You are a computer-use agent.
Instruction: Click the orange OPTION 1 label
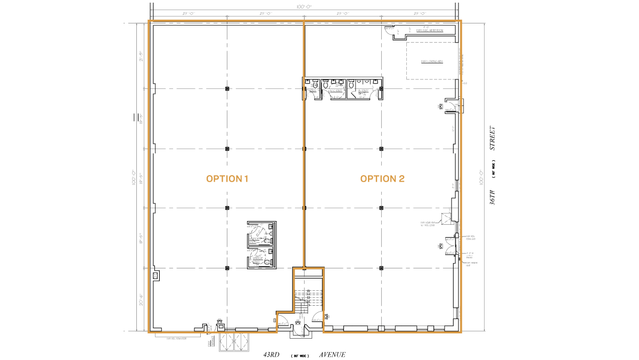point(227,179)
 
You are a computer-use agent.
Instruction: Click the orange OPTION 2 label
point(382,179)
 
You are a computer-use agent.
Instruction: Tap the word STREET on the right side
point(493,140)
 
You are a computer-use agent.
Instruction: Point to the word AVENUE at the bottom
point(333,355)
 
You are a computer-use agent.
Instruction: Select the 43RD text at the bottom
point(272,355)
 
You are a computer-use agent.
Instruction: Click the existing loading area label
point(432,62)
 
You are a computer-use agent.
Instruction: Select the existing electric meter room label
point(430,31)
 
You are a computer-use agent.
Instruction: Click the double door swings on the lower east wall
point(452,244)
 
